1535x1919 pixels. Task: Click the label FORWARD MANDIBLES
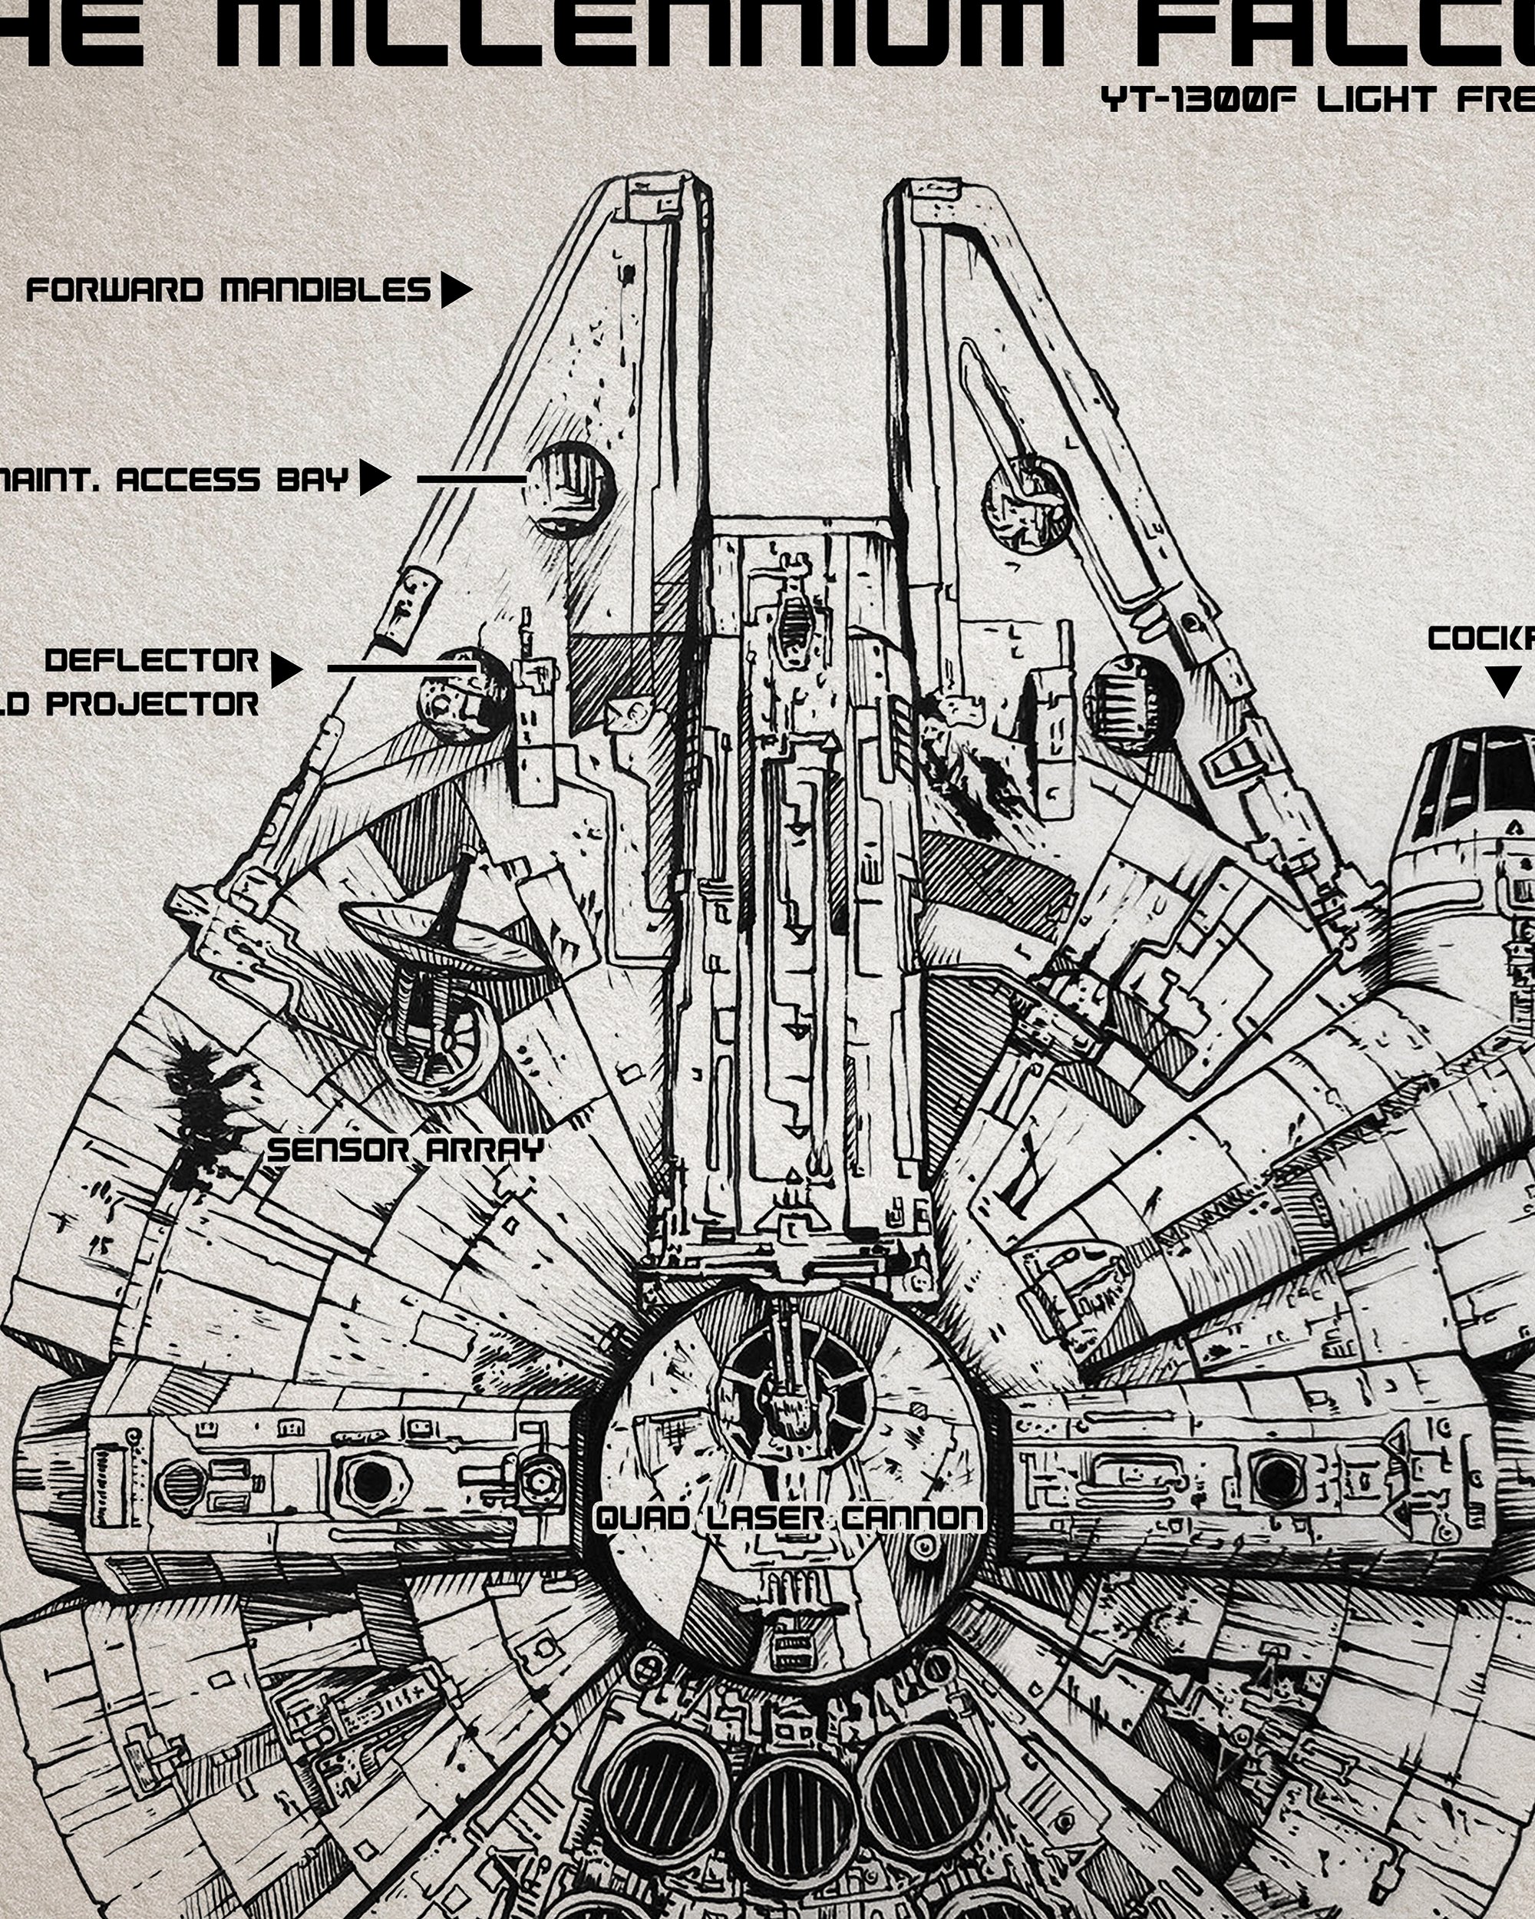click(x=228, y=290)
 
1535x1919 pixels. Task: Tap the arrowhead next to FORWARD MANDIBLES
click(x=454, y=290)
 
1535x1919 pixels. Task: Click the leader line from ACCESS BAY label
click(x=471, y=479)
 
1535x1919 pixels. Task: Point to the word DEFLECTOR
click(x=151, y=660)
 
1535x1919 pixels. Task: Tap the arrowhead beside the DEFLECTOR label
click(x=285, y=669)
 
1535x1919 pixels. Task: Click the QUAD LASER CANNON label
click(x=788, y=1517)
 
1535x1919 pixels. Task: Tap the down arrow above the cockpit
click(x=1503, y=681)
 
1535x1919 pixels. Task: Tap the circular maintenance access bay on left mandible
click(x=570, y=490)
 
